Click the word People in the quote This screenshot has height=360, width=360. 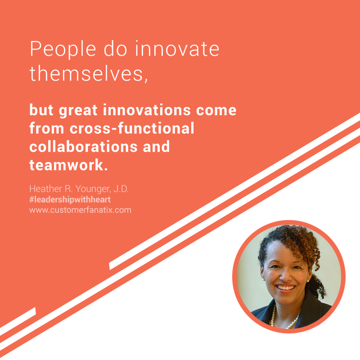63,49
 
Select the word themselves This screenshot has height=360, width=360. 87,73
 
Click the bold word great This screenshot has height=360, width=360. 78,111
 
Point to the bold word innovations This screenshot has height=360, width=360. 147,110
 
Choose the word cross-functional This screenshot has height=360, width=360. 132,128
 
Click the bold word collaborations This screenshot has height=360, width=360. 84,146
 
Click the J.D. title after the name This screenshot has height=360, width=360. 121,189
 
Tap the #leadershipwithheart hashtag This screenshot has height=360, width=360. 70,199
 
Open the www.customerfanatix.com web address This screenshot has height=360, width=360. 81,210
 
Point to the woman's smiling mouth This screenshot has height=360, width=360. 285,288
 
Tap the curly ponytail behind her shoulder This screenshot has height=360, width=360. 318,287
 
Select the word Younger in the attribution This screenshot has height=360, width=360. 93,189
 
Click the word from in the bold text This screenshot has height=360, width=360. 47,128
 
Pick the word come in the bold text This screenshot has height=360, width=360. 216,110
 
